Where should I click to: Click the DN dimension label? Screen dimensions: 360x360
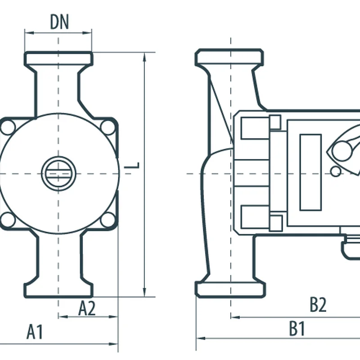59,22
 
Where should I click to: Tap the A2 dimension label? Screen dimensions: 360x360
87,308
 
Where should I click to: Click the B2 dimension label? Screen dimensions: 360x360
318,305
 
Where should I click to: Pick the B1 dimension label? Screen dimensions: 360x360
297,329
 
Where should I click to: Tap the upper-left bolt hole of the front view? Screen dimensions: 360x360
7,127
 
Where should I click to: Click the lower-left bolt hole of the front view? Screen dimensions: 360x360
7,220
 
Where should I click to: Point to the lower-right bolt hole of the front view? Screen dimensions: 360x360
108,220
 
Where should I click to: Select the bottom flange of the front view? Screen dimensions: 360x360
58,289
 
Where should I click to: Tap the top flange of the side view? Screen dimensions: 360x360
229,57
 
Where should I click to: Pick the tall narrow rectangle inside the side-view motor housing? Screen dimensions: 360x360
310,172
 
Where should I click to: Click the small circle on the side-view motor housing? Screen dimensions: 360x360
335,171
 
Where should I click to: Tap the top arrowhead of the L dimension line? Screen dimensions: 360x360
145,56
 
